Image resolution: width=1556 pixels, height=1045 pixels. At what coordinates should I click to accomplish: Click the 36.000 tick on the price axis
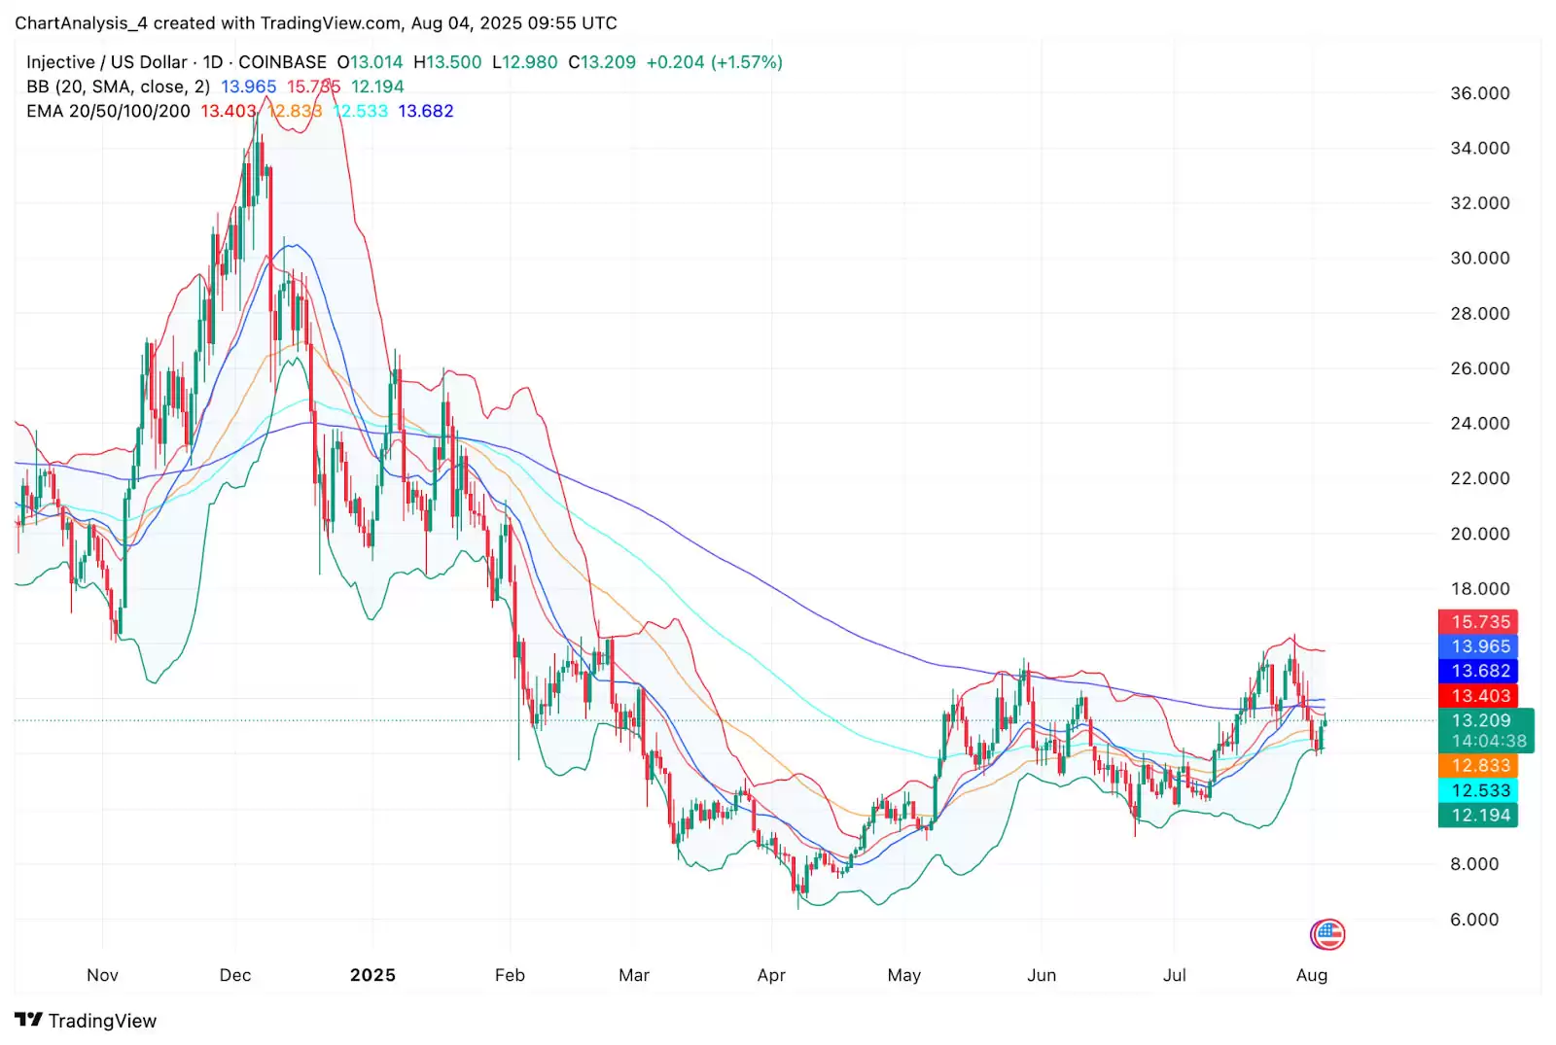1479,93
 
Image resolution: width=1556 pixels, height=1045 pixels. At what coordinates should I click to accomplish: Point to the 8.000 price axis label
1474,864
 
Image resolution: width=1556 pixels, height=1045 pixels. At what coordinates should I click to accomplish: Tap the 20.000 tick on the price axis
1479,534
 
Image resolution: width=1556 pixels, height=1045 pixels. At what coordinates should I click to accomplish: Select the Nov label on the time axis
102,975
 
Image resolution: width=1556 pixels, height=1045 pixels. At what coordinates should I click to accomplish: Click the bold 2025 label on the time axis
372,975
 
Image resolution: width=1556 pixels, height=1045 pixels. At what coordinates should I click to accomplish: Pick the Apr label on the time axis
771,975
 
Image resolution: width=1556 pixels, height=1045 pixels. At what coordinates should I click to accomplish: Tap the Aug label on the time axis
1312,975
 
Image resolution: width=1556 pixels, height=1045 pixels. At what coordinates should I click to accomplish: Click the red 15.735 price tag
1479,622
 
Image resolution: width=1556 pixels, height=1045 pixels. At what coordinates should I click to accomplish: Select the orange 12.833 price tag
1479,766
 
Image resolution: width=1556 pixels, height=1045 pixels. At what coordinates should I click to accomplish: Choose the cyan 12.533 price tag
1479,791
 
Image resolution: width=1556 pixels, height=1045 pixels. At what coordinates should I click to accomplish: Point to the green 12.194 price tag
1479,816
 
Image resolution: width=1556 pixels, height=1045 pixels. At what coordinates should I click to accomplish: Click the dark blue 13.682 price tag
1479,671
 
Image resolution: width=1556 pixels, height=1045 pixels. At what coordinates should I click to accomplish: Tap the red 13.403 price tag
1479,696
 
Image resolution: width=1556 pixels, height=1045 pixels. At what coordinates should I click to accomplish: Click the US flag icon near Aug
1326,935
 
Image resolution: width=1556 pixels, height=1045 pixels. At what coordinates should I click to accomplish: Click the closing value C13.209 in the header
602,62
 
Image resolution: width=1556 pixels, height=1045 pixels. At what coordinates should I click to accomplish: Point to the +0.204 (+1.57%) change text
714,62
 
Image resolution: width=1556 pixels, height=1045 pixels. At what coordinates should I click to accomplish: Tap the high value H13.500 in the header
447,62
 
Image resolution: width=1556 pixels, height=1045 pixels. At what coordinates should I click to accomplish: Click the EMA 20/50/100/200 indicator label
108,111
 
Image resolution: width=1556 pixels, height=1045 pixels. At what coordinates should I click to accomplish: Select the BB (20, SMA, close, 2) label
118,87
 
